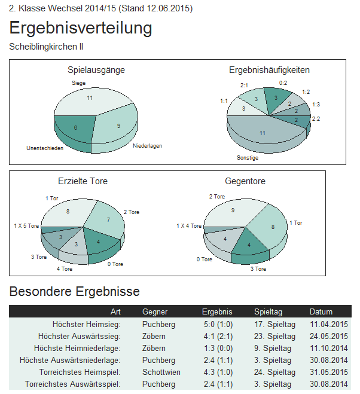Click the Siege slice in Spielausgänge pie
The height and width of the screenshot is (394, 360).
point(90,98)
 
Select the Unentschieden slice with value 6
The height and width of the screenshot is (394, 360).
point(75,127)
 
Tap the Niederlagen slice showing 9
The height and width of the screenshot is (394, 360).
point(118,126)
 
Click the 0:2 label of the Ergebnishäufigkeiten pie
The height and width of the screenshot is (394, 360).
point(283,83)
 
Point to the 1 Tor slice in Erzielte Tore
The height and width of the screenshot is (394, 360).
point(68,212)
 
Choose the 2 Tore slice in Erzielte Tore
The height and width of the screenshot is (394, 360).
point(108,219)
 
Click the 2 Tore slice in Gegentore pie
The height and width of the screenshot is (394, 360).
point(232,210)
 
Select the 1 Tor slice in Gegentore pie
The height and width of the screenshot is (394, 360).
point(272,227)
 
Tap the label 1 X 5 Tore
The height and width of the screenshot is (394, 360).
point(26,226)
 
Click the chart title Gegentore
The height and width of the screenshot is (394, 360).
point(245,181)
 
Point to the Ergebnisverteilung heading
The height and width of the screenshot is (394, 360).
point(81,28)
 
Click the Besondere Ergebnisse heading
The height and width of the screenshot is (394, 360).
point(75,292)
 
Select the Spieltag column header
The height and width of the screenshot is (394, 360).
point(268,312)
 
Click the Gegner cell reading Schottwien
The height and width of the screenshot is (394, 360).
point(161,372)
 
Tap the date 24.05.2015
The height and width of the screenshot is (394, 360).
point(328,336)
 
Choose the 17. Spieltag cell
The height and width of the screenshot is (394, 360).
point(273,324)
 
